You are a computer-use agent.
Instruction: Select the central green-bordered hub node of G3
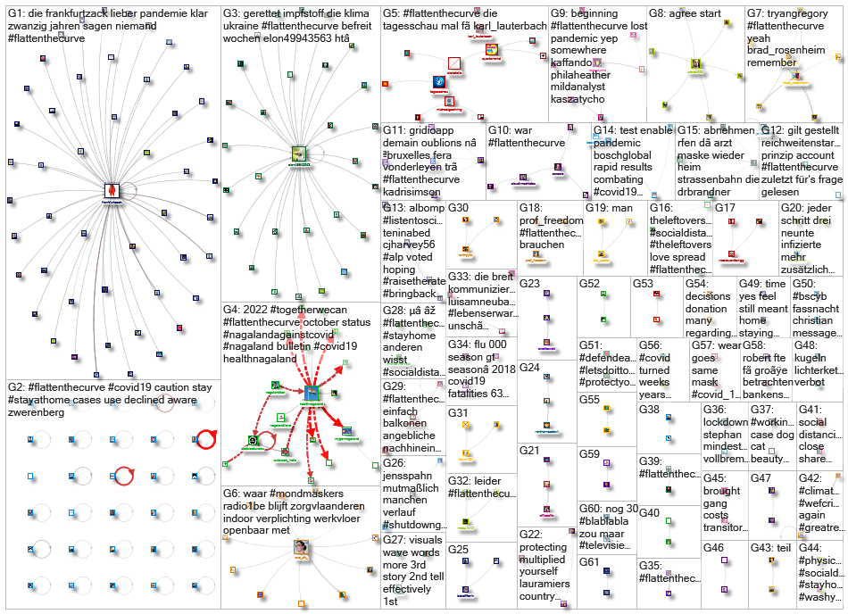click(x=299, y=153)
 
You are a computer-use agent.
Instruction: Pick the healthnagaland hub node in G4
click(x=312, y=393)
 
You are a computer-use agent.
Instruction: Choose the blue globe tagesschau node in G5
click(x=439, y=82)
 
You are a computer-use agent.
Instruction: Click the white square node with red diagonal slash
click(x=453, y=63)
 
